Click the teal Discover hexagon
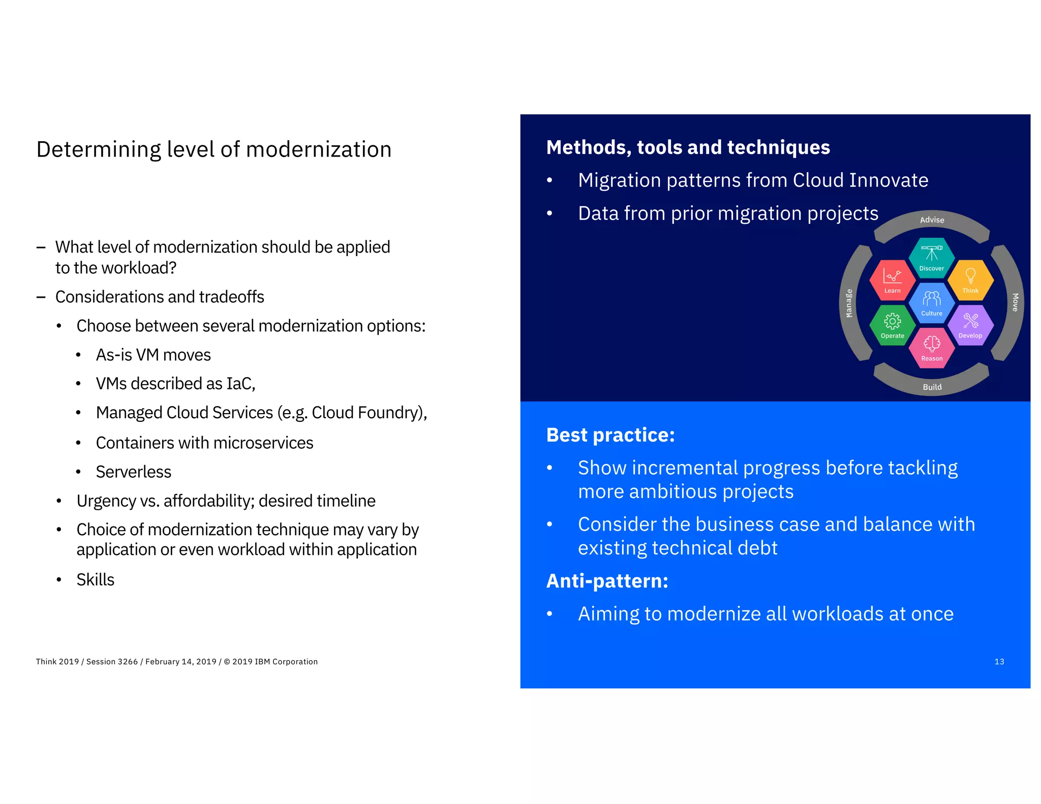point(931,258)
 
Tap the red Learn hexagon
point(892,280)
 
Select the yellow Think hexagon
point(970,280)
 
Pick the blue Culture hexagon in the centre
point(931,302)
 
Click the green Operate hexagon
point(892,325)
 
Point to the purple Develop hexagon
point(970,325)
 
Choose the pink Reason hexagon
point(931,348)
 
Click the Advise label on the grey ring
point(932,220)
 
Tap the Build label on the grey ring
point(932,387)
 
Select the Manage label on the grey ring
point(848,303)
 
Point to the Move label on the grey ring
point(1015,302)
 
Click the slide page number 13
point(999,662)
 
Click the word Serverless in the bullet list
point(133,472)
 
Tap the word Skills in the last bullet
point(96,580)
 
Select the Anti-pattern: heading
point(607,581)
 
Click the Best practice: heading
point(610,435)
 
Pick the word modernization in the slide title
point(319,149)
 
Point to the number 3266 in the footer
point(127,662)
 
